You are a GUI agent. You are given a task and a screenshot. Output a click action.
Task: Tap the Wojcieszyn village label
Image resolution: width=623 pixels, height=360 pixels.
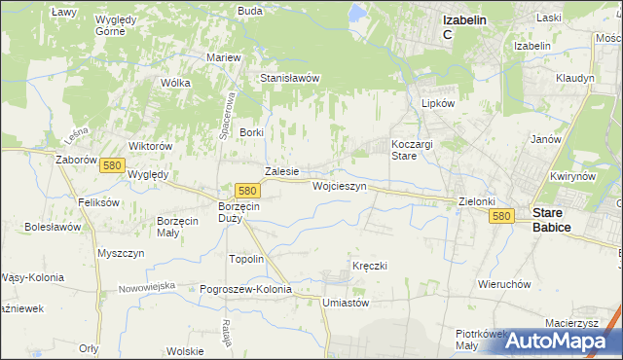click(339, 185)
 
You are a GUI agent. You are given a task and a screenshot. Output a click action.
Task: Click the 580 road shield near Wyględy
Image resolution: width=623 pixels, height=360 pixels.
click(111, 166)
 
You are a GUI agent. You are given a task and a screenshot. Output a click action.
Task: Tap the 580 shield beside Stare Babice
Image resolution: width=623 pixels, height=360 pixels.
click(501, 216)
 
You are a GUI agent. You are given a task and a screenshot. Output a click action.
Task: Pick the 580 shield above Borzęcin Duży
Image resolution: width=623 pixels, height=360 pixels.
click(247, 192)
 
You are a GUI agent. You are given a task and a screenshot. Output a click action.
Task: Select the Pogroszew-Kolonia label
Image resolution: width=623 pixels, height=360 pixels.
click(245, 289)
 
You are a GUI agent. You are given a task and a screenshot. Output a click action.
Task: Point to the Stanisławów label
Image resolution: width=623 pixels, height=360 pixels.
click(290, 78)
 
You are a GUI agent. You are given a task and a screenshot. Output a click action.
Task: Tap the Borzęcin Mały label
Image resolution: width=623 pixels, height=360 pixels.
click(178, 227)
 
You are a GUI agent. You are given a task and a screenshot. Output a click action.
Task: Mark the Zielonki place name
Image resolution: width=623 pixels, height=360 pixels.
click(477, 201)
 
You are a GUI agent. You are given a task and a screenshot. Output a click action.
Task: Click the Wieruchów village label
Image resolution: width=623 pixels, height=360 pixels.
click(503, 284)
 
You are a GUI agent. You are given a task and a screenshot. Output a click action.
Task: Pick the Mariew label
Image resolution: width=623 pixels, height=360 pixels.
click(224, 57)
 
